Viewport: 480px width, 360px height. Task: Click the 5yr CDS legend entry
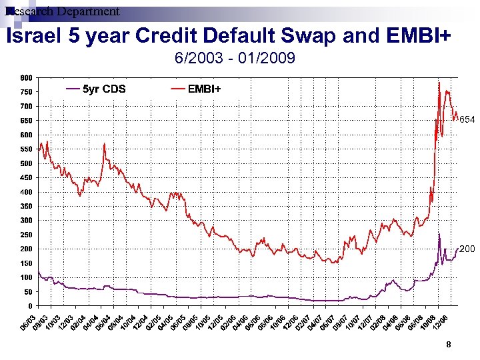(x=103, y=89)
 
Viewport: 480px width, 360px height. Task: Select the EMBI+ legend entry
(x=204, y=89)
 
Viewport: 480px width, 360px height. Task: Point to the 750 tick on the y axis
(x=26, y=92)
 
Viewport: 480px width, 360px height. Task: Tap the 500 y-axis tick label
(x=26, y=163)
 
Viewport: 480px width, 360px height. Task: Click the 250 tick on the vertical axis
(x=26, y=235)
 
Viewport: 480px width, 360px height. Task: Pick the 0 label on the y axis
(x=31, y=306)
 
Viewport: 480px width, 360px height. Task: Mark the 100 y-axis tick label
(x=26, y=277)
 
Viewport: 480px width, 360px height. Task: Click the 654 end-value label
(x=467, y=120)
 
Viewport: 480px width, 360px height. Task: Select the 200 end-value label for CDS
(x=467, y=249)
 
